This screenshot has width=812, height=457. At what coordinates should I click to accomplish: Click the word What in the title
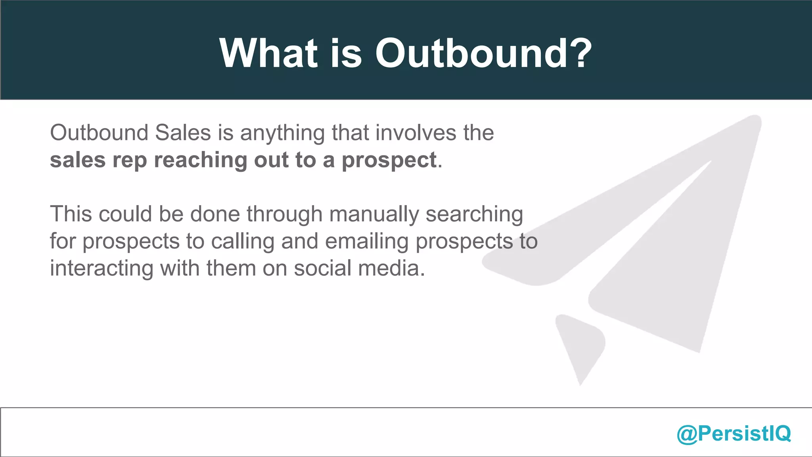pyautogui.click(x=268, y=54)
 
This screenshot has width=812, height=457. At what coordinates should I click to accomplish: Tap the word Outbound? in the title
pyautogui.click(x=483, y=54)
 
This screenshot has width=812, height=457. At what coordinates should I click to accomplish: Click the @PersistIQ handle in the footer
pyautogui.click(x=733, y=433)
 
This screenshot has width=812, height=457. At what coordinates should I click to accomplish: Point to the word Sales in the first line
pyautogui.click(x=183, y=132)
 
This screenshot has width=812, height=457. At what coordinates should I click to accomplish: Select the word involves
pyautogui.click(x=416, y=132)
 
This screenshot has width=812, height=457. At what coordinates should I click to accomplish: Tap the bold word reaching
pyautogui.click(x=200, y=161)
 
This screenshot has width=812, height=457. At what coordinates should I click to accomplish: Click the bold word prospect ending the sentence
pyautogui.click(x=389, y=161)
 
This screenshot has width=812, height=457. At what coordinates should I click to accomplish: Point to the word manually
pyautogui.click(x=373, y=215)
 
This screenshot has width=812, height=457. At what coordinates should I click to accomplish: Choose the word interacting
pyautogui.click(x=101, y=269)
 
